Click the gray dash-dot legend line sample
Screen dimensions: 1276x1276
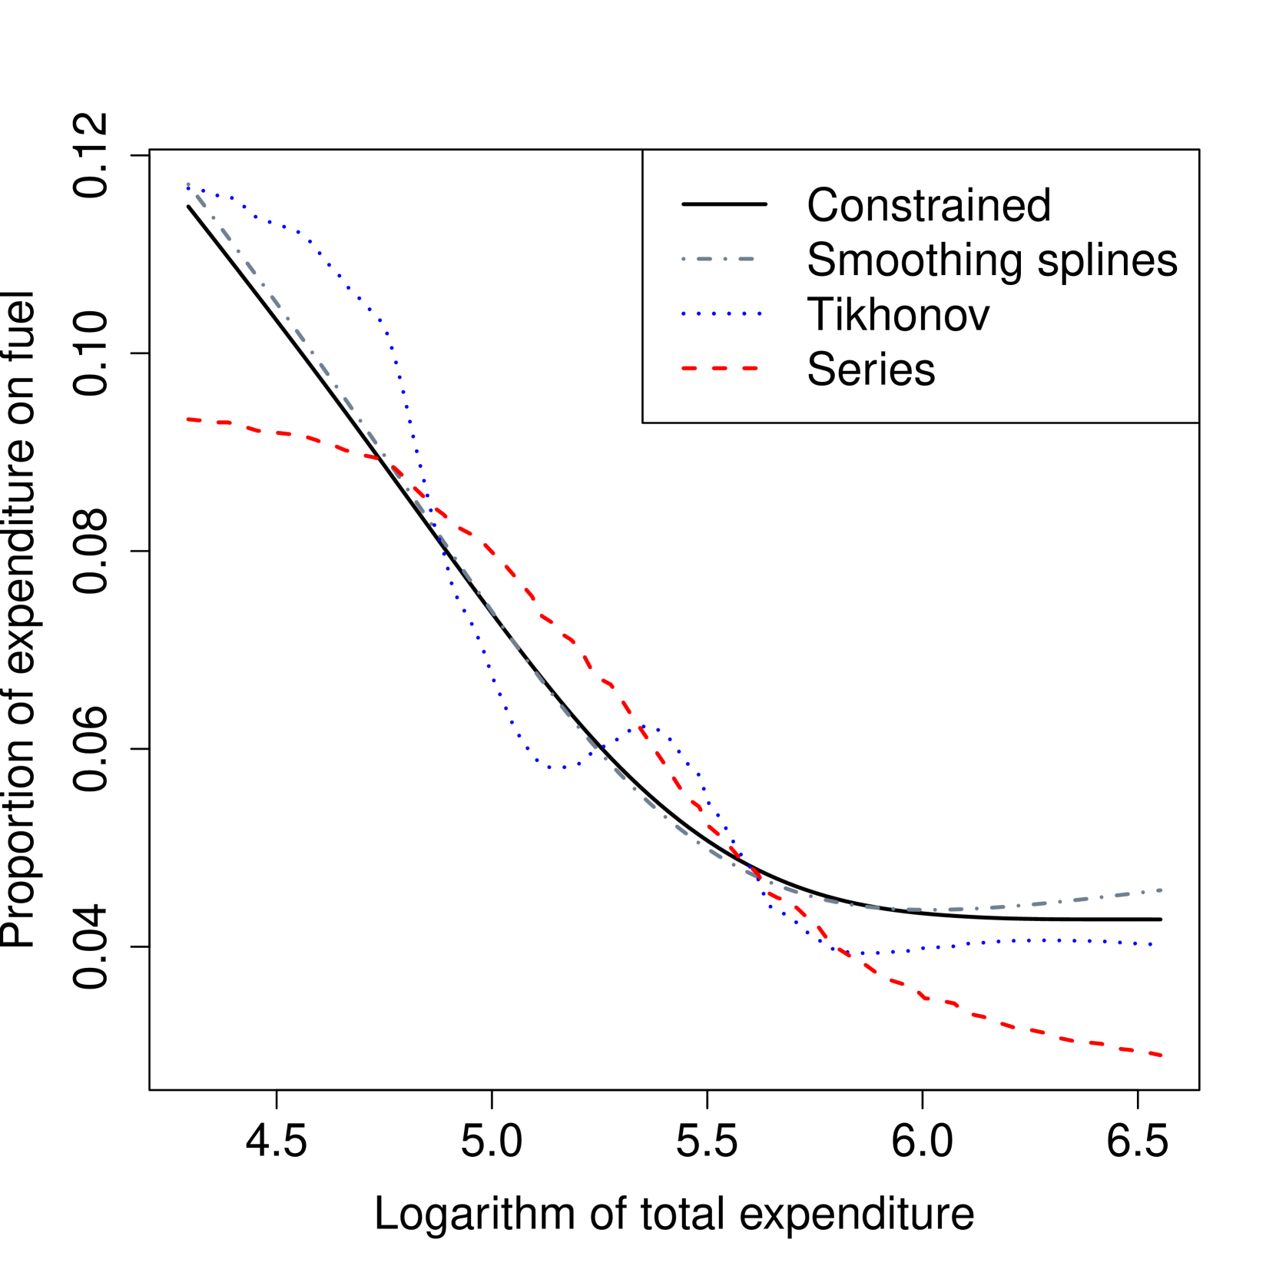point(718,260)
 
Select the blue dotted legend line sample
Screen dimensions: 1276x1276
point(721,314)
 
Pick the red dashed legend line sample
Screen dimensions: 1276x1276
point(720,369)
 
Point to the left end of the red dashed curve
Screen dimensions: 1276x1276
point(187,419)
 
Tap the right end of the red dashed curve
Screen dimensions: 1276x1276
point(1162,1056)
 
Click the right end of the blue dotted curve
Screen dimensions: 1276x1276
point(1152,944)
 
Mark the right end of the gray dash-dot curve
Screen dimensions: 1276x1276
point(1162,890)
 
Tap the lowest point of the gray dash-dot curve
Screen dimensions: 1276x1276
point(933,910)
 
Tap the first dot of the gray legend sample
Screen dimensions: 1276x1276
point(684,260)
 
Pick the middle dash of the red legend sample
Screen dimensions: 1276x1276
point(720,369)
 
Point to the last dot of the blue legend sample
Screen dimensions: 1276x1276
point(760,314)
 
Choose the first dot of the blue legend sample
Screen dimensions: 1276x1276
point(684,314)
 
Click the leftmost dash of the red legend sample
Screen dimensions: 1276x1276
point(689,369)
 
